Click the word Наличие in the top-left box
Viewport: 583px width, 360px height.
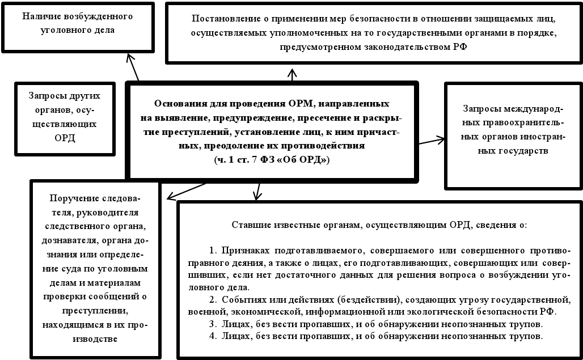[x=41, y=16]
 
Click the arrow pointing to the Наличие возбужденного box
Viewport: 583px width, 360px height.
[x=133, y=67]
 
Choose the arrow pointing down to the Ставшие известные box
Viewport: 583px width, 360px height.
[x=257, y=191]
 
